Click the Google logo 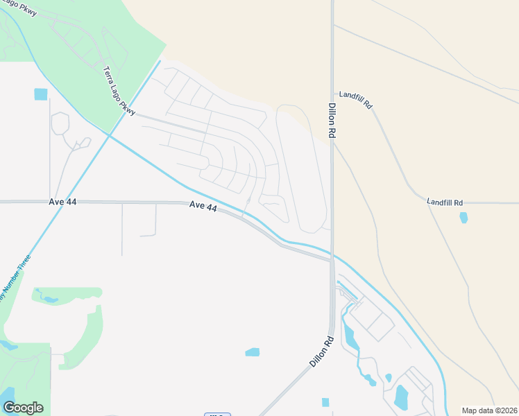(x=23, y=407)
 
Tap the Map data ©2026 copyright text (x=489, y=410)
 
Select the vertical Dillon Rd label (x=332, y=122)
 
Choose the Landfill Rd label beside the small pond (x=445, y=202)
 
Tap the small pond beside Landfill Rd (x=463, y=218)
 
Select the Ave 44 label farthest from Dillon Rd (x=62, y=202)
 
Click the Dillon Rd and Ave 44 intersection (x=332, y=260)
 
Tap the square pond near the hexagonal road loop (x=41, y=94)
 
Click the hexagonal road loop (x=60, y=123)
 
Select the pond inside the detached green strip (x=49, y=300)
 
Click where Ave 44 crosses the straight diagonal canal (x=53, y=202)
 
